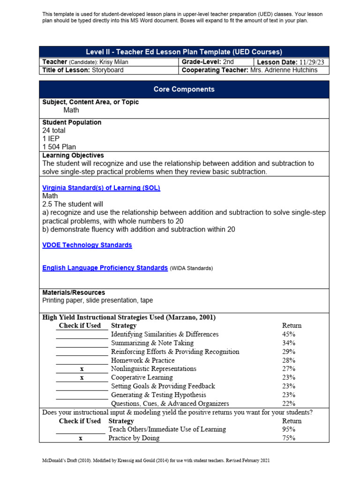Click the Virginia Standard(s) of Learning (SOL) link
pos(101,187)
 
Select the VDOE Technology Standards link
pos(87,245)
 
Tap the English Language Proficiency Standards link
pos(105,268)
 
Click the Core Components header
pos(184,89)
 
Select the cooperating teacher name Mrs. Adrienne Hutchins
pos(283,70)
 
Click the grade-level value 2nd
pos(228,62)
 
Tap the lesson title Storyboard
pos(108,70)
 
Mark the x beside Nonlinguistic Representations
pos(82,369)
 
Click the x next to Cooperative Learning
pos(82,378)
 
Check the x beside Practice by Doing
pos(81,438)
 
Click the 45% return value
pos(289,334)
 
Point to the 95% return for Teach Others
pos(289,429)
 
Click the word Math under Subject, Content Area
pos(71,110)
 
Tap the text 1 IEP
pos(51,139)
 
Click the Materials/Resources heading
pos(74,292)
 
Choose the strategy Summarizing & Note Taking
pos(152,343)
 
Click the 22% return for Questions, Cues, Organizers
pos(289,404)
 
